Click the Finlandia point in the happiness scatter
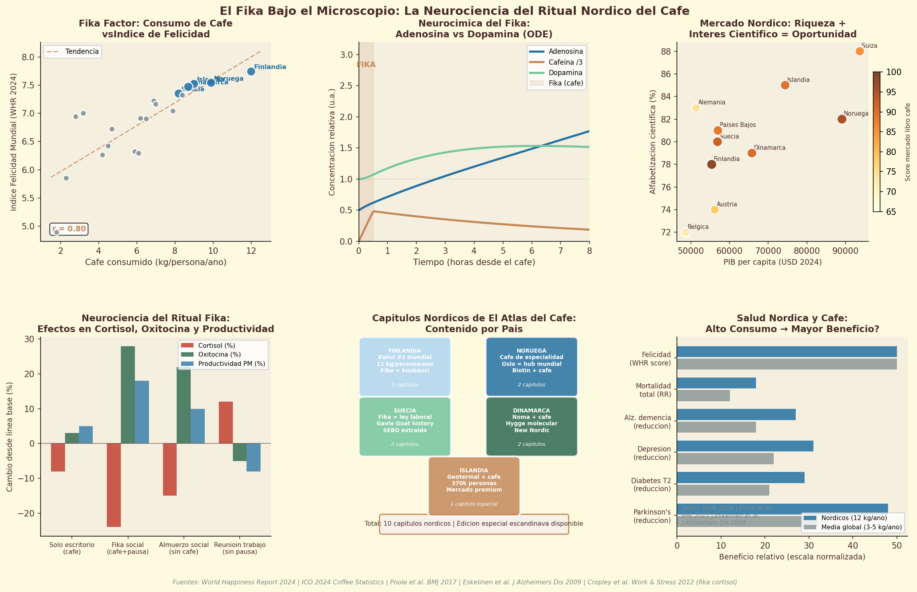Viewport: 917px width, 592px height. point(251,71)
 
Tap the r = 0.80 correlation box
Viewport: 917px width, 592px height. point(69,229)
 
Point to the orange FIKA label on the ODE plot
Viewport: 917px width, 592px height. point(366,65)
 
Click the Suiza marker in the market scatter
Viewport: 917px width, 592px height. point(860,51)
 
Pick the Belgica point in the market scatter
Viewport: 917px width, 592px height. point(686,232)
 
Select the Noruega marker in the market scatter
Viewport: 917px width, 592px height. point(842,119)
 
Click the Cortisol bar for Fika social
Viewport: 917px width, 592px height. point(114,485)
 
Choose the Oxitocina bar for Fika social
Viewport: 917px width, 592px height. point(128,395)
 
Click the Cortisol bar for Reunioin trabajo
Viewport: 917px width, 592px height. point(226,423)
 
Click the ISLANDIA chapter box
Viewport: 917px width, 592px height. point(474,486)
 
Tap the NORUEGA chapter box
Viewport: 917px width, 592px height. point(532,367)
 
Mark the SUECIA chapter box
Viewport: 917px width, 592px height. point(405,427)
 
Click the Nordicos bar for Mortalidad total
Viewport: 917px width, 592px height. point(716,383)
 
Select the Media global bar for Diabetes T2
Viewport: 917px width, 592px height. point(723,490)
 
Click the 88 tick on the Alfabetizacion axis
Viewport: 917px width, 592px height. point(666,51)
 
